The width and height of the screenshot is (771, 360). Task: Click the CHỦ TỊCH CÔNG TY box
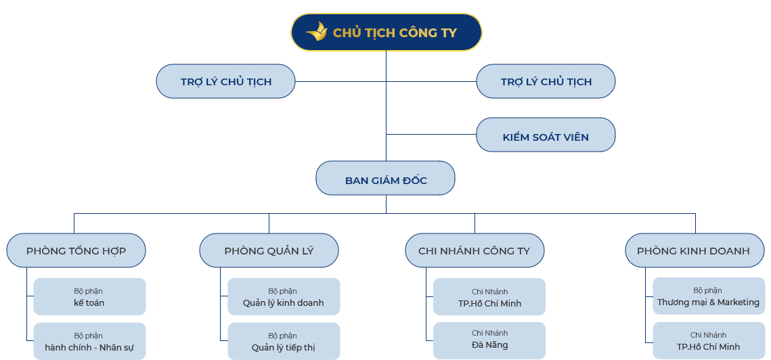(387, 32)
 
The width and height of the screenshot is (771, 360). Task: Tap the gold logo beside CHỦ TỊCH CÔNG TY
(316, 32)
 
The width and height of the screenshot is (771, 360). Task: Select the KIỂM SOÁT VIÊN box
(546, 135)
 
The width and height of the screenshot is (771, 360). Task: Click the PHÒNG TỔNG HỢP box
(76, 251)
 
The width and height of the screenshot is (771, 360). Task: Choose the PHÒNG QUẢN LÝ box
(269, 251)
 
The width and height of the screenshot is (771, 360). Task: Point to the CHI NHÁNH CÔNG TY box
(474, 251)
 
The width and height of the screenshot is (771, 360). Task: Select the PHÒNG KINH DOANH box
(693, 251)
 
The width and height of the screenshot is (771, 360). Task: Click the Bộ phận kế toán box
(89, 296)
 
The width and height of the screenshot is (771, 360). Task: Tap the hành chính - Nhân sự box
(89, 341)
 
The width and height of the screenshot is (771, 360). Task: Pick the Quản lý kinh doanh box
(283, 296)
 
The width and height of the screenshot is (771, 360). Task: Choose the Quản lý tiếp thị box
(283, 341)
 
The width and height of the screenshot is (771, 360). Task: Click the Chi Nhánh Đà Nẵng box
(489, 340)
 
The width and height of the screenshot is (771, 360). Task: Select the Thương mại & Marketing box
(708, 296)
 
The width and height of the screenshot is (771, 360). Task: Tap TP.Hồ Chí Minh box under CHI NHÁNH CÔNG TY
(489, 297)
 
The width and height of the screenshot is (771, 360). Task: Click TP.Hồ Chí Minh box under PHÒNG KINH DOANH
(708, 341)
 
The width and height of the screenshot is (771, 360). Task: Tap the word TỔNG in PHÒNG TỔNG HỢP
(76, 251)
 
